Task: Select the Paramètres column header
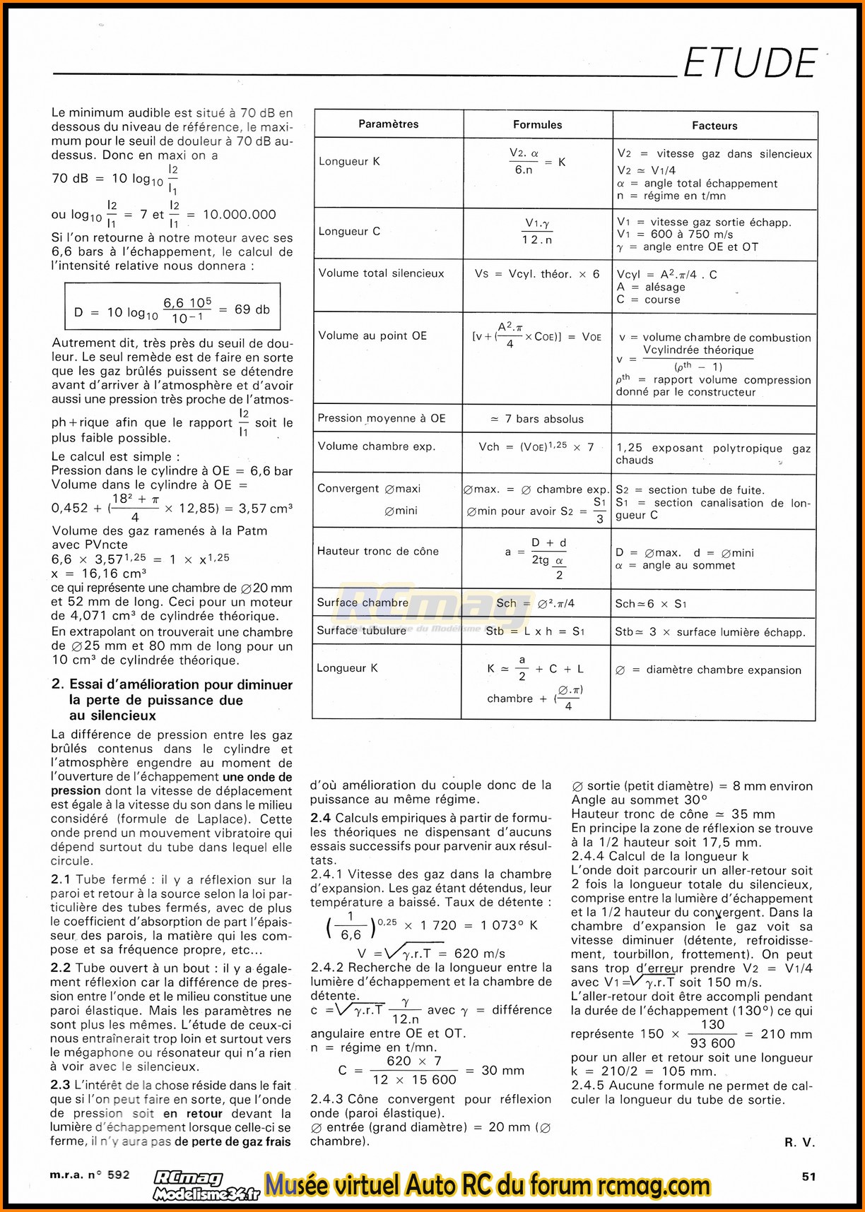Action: [388, 124]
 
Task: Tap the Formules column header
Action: [537, 125]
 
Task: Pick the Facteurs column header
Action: [714, 126]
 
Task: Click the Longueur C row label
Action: [349, 232]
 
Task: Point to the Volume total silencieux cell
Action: [381, 273]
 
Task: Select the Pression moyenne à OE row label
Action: [382, 418]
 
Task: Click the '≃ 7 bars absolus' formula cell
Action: [537, 419]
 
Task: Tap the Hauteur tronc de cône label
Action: [377, 551]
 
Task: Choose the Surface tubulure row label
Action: [361, 631]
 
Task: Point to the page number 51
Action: [808, 1176]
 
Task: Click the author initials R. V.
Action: [799, 1142]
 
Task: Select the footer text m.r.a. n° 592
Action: [90, 1175]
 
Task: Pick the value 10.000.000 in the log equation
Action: [240, 215]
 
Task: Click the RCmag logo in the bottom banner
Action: [189, 1178]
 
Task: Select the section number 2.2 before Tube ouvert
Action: [60, 968]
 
